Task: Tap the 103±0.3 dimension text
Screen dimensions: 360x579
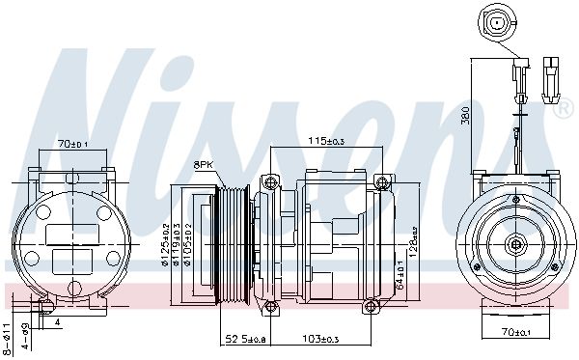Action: click(x=319, y=339)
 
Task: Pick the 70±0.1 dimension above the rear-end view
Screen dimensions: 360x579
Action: click(x=71, y=144)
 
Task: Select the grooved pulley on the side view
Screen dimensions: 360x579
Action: click(x=233, y=244)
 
